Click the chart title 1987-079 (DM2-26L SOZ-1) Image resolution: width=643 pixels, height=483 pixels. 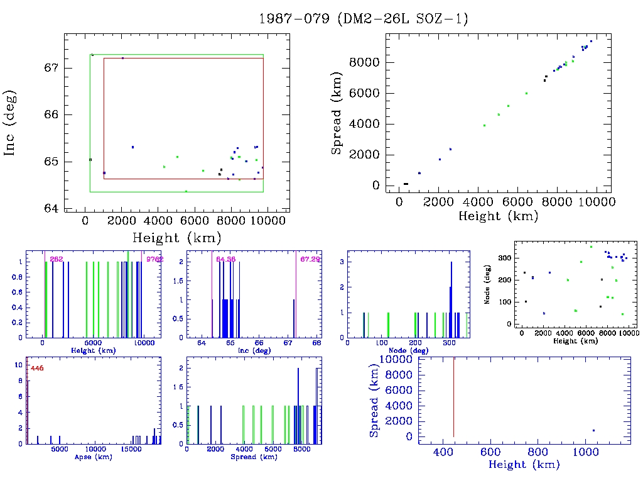[364, 19]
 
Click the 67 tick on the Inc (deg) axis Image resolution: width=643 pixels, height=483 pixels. [51, 68]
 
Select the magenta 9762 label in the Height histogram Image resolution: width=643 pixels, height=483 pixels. [154, 259]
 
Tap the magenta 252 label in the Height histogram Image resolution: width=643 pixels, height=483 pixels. [57, 259]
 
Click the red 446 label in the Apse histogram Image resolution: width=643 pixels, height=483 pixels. [37, 369]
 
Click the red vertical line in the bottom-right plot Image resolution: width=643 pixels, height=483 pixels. [453, 396]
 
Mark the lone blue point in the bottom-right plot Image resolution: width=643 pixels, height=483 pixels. [593, 431]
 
